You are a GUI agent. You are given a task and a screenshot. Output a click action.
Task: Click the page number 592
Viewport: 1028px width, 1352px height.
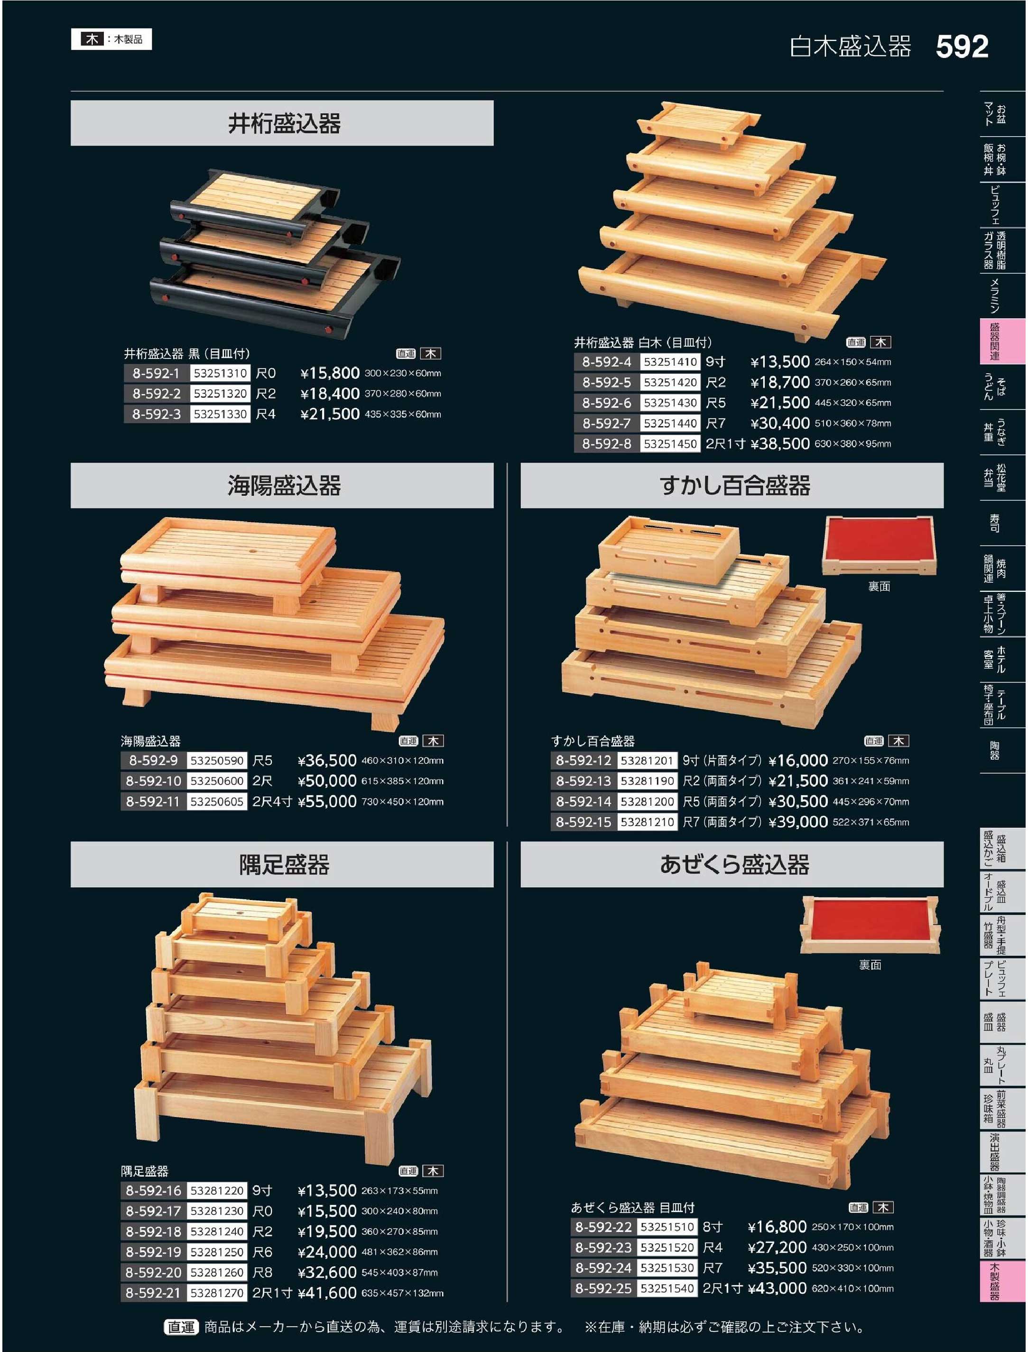tap(962, 47)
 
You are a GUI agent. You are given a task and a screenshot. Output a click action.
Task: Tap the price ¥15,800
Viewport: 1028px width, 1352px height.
tap(330, 373)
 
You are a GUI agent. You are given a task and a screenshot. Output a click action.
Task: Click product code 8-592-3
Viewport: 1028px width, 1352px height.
tap(156, 414)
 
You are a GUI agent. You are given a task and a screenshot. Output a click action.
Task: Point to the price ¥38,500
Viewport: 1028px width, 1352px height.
tap(780, 443)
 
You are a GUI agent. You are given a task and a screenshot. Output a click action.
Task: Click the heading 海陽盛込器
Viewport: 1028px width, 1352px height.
tap(284, 486)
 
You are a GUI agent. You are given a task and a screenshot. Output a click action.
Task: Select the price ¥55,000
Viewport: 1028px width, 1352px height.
tap(327, 801)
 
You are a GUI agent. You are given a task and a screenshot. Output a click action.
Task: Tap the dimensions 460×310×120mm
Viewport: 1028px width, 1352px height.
tap(402, 761)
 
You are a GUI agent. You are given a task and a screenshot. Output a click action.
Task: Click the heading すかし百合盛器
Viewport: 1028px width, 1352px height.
tap(734, 486)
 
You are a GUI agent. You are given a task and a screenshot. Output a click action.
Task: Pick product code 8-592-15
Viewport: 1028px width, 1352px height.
tap(583, 822)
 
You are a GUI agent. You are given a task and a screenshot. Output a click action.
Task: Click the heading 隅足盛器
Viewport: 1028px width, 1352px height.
tap(284, 865)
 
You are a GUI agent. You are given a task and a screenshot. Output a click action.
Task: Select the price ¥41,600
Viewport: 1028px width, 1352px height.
tap(327, 1293)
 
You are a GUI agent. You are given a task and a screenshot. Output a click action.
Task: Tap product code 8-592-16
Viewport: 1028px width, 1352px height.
tap(153, 1190)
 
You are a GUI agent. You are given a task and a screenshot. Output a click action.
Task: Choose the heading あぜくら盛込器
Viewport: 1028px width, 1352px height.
tap(734, 865)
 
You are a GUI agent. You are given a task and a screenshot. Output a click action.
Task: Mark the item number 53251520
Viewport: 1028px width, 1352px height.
tap(667, 1247)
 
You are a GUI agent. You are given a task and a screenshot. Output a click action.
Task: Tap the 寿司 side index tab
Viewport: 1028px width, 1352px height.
tap(994, 523)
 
